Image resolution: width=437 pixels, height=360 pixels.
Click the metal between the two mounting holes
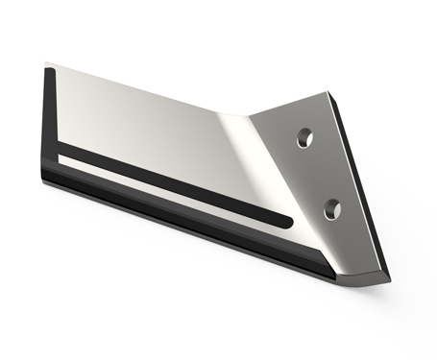click(320, 173)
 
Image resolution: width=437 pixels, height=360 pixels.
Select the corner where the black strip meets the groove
click(60, 153)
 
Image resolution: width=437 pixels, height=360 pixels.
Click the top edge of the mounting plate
click(288, 104)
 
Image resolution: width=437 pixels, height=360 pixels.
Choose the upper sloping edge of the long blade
click(144, 88)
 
